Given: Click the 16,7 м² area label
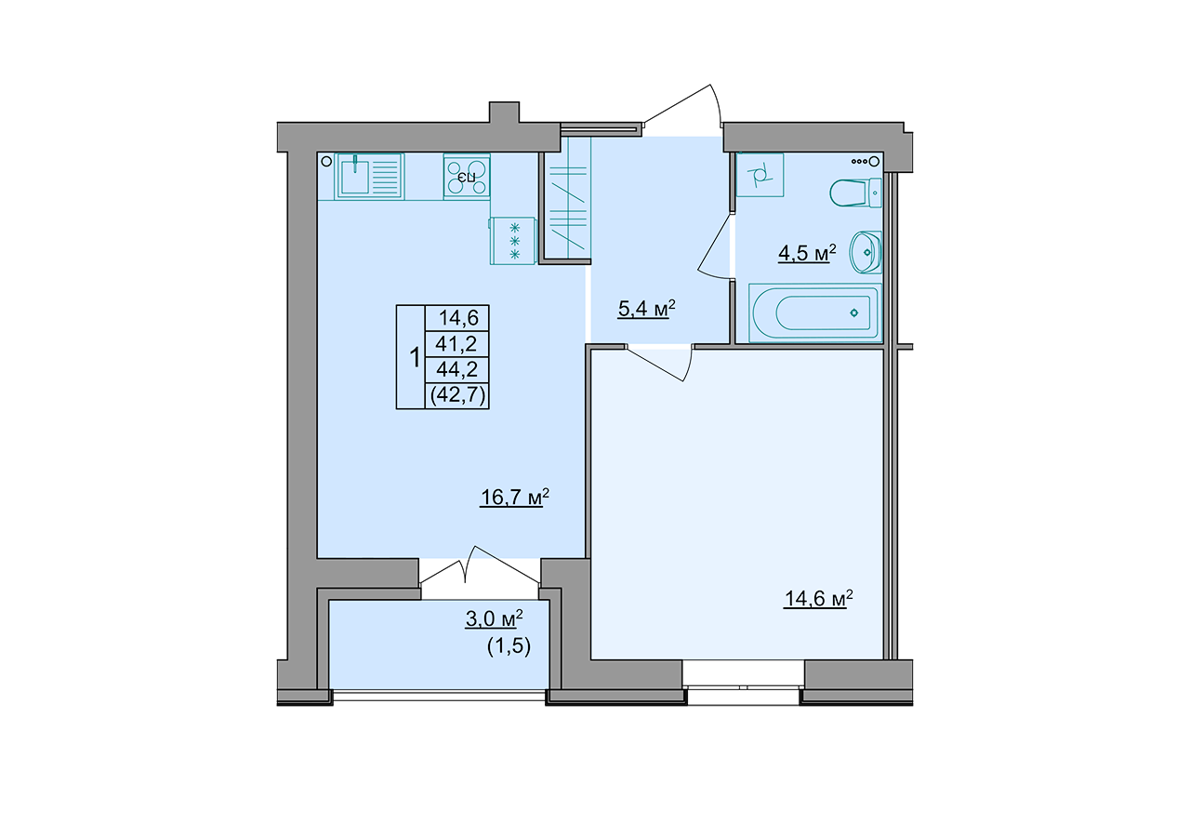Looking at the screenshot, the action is point(514,498).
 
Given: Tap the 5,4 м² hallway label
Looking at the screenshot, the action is point(646,308).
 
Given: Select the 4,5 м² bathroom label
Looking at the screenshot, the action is point(807,253).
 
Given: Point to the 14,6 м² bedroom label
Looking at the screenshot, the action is point(819,598).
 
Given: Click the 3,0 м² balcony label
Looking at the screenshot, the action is point(494,618).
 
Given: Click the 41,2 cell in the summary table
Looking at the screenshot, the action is point(456,344).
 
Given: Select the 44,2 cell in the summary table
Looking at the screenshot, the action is point(456,369).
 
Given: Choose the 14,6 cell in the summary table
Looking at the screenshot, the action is point(458,318).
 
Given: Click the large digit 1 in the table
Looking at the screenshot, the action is point(415,358).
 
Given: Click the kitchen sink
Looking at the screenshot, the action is point(369,177).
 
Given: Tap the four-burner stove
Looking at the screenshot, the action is point(467,177).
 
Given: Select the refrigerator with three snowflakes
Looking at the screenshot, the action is point(513,241).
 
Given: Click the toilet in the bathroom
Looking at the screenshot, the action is point(855,193).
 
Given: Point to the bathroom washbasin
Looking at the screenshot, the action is point(866,252).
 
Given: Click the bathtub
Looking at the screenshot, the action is point(815,312).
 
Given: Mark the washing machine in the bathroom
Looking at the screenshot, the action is point(760,175).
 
